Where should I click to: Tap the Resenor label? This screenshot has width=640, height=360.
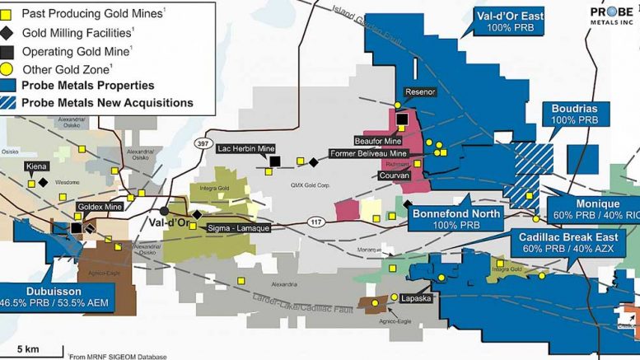[x=418, y=92]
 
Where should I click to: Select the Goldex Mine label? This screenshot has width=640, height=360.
[x=99, y=206]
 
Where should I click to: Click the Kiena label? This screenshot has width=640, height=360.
[x=35, y=166]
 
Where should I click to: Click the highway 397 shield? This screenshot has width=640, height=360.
[x=201, y=143]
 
